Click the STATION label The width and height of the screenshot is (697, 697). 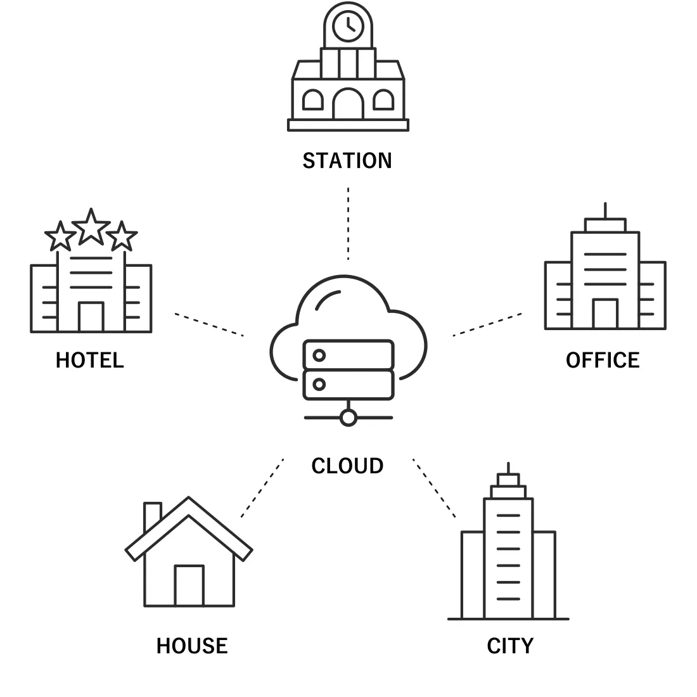347,161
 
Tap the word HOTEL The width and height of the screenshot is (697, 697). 89,361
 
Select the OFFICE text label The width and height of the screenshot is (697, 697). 603,361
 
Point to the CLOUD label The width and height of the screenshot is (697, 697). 347,466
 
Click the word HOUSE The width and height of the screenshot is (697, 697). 192,646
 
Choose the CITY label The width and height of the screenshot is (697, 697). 510,646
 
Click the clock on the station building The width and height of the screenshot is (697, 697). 348,26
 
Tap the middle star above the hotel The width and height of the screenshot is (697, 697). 91,227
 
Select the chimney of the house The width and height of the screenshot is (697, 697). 152,516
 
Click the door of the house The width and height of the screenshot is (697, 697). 189,585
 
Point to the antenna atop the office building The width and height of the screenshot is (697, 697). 605,210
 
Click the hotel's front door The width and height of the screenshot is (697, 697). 91,317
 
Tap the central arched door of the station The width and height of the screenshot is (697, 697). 348,105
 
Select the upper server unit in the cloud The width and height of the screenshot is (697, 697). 348,355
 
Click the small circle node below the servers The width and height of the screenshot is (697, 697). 348,418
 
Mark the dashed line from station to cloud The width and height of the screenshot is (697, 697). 348,223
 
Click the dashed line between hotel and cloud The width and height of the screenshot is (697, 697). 209,324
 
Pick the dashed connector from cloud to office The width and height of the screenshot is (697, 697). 487,324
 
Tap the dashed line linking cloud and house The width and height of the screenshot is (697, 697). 262,488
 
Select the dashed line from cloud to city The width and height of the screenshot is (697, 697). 435,488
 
